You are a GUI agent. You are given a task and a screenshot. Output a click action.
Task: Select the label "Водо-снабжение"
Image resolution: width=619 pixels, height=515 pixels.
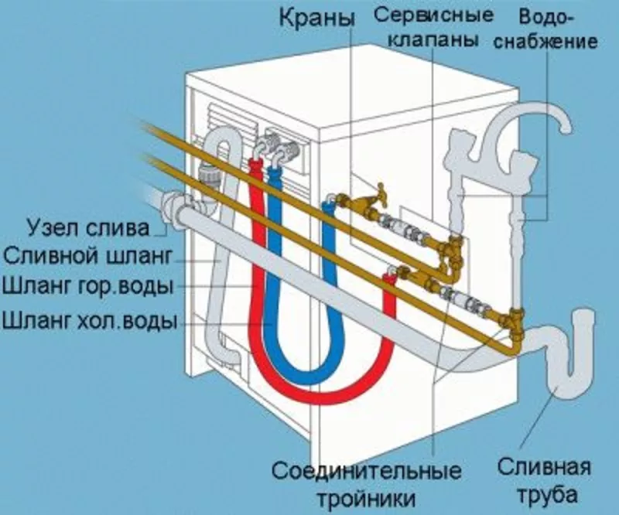pyautogui.click(x=558, y=29)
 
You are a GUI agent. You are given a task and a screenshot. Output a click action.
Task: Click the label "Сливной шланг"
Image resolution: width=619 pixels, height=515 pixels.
pyautogui.click(x=86, y=256)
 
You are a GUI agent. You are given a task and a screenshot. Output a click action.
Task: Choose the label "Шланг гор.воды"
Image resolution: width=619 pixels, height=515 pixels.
pyautogui.click(x=87, y=287)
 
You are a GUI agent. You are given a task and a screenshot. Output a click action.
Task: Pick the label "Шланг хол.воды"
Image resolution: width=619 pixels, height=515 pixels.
pyautogui.click(x=87, y=319)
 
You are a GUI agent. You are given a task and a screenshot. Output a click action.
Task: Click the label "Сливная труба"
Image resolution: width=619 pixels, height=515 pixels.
pyautogui.click(x=544, y=479)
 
